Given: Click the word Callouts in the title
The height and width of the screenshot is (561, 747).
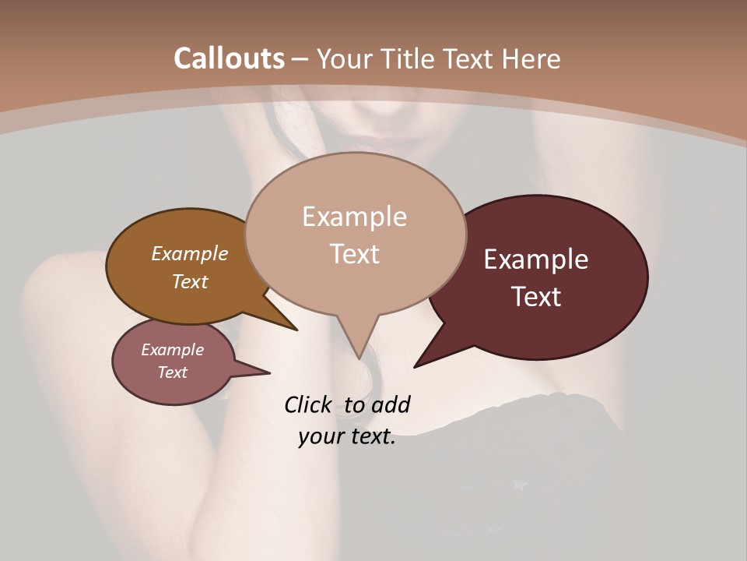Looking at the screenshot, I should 229,58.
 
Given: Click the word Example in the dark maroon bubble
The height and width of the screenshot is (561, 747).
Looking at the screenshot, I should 536,259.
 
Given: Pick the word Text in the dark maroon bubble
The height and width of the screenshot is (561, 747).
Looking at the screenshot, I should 536,296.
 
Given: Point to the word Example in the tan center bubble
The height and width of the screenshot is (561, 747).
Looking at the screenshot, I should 354,217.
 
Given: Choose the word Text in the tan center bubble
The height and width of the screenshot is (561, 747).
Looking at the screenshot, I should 354,254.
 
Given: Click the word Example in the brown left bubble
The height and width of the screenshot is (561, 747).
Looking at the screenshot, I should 189,254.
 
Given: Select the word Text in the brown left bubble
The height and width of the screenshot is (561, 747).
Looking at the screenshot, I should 189,281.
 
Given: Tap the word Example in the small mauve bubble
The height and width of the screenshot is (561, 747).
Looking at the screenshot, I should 172,350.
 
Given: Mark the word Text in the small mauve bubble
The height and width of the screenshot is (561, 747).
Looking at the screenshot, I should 172,372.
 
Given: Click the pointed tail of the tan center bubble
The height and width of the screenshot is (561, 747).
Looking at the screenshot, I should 359,352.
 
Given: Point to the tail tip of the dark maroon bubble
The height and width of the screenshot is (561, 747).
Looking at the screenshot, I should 418,364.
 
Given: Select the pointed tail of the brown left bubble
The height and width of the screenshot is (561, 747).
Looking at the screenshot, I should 292,326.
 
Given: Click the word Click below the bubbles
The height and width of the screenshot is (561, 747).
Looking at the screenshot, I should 310,405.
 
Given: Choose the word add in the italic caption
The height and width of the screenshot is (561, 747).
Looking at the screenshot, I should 390,405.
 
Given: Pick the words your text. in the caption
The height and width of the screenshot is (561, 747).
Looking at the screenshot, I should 346,436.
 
